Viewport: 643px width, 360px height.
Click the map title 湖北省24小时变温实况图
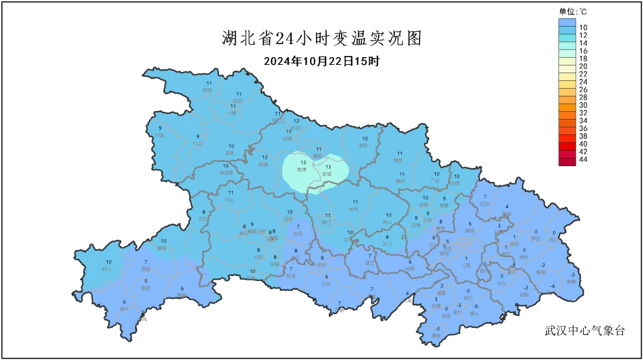321,39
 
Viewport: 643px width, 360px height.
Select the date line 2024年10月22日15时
321,61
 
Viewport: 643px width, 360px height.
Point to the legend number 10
583,27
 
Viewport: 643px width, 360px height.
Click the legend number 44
583,159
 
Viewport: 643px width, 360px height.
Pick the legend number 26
583,89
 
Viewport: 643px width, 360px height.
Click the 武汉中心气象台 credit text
585,331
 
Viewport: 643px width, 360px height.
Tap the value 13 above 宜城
327,167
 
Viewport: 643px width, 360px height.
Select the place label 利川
107,269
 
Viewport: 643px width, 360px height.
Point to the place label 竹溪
159,135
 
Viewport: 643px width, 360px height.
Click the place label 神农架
226,173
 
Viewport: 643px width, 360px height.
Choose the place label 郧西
207,90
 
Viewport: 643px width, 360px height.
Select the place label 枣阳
364,145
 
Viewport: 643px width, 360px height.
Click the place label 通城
436,336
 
